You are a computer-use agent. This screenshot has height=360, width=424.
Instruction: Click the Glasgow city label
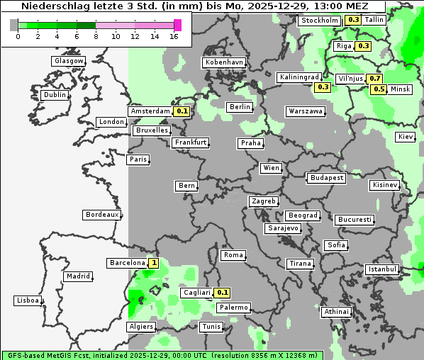(x=69, y=61)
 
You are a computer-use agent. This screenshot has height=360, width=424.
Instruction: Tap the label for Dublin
(x=54, y=95)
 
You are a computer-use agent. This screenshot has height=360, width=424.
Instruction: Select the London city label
(x=111, y=122)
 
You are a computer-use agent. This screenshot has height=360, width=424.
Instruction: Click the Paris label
(x=138, y=159)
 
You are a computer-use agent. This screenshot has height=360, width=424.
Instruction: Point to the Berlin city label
(x=240, y=107)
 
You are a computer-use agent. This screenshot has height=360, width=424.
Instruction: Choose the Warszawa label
(x=306, y=111)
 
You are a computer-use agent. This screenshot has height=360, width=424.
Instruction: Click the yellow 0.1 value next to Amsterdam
(x=182, y=111)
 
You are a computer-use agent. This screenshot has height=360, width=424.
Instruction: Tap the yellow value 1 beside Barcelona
(x=154, y=263)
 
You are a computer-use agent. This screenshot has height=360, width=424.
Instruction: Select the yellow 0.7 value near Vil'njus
(x=375, y=78)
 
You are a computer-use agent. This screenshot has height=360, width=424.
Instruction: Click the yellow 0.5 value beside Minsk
(x=379, y=89)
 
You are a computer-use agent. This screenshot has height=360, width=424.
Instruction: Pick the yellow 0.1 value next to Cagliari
(x=223, y=293)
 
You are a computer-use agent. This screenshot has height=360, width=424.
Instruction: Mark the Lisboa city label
(x=28, y=300)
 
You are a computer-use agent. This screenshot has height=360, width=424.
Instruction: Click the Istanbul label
(x=382, y=269)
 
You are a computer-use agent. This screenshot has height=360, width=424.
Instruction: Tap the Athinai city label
(x=336, y=312)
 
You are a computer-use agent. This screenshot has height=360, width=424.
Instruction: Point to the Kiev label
(x=406, y=136)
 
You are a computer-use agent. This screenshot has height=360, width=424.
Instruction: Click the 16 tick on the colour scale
(x=174, y=36)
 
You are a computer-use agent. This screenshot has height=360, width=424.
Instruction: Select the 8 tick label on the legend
(x=96, y=36)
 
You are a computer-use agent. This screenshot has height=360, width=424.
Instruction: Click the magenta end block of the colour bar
(x=177, y=25)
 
